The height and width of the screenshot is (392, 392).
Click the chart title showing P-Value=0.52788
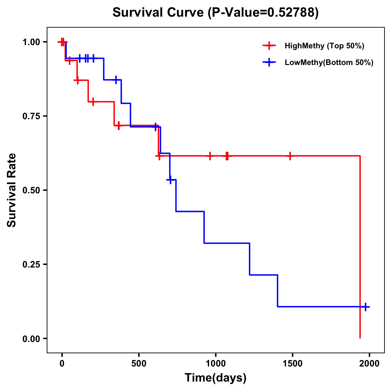click(x=216, y=13)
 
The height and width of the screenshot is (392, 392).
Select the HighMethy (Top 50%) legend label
click(x=324, y=46)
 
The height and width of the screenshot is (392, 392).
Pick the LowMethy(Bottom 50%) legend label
click(x=329, y=62)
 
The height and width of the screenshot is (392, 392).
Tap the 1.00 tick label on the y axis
click(x=31, y=42)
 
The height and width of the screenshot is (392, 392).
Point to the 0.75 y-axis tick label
click(x=31, y=116)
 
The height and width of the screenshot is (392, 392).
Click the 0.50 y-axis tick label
click(x=31, y=190)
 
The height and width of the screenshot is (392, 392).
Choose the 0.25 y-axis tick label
click(x=31, y=264)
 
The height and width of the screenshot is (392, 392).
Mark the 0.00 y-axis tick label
click(x=31, y=338)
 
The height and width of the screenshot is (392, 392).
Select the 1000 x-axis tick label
click(x=216, y=363)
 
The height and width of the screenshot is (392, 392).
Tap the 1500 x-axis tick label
click(x=292, y=363)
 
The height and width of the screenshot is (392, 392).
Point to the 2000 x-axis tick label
click(x=369, y=363)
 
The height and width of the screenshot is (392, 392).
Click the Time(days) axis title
click(x=216, y=378)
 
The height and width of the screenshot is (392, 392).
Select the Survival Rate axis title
click(x=12, y=190)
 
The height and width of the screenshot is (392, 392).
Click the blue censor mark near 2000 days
click(x=366, y=307)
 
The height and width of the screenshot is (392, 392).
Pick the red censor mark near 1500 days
click(x=290, y=156)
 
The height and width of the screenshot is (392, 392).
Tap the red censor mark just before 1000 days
click(x=210, y=156)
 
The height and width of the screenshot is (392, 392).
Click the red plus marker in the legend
click(x=269, y=46)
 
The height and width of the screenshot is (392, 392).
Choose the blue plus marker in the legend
click(x=269, y=62)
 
